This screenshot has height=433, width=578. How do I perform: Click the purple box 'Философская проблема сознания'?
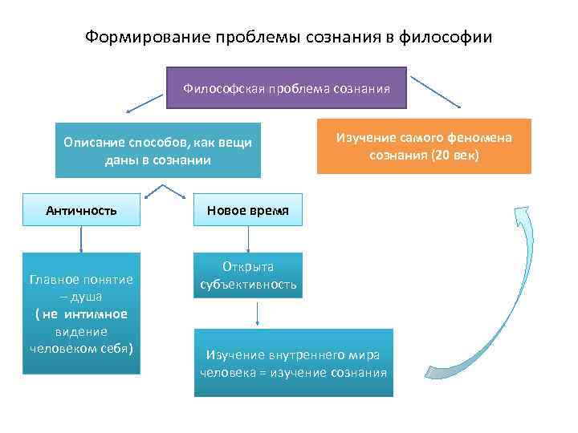pos(287,87)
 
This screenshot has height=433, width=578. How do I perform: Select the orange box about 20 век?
pos(424,146)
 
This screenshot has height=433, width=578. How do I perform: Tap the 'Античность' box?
pos(81,210)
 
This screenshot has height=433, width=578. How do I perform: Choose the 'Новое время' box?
pos(248,210)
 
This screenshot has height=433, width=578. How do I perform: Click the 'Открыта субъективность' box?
pos(248,275)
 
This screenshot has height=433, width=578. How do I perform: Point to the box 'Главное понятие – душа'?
pos(81,314)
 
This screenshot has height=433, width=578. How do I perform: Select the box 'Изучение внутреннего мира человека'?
pos(294,362)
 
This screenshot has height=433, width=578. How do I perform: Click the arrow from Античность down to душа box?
pos(81,239)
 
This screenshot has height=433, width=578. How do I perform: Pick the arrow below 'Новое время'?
pos(248,239)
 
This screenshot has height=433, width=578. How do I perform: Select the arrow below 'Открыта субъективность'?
pos(256,313)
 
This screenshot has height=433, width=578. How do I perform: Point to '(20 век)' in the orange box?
pos(455,154)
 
